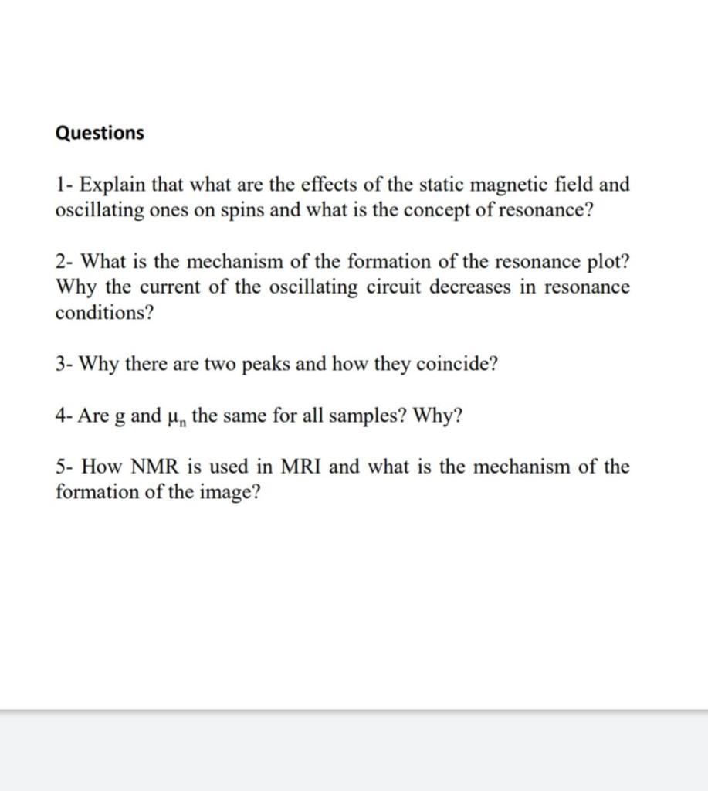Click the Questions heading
(100, 133)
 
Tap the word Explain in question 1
(112, 185)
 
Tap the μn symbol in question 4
(176, 417)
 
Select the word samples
(365, 417)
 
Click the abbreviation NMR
(157, 467)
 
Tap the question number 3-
(64, 364)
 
